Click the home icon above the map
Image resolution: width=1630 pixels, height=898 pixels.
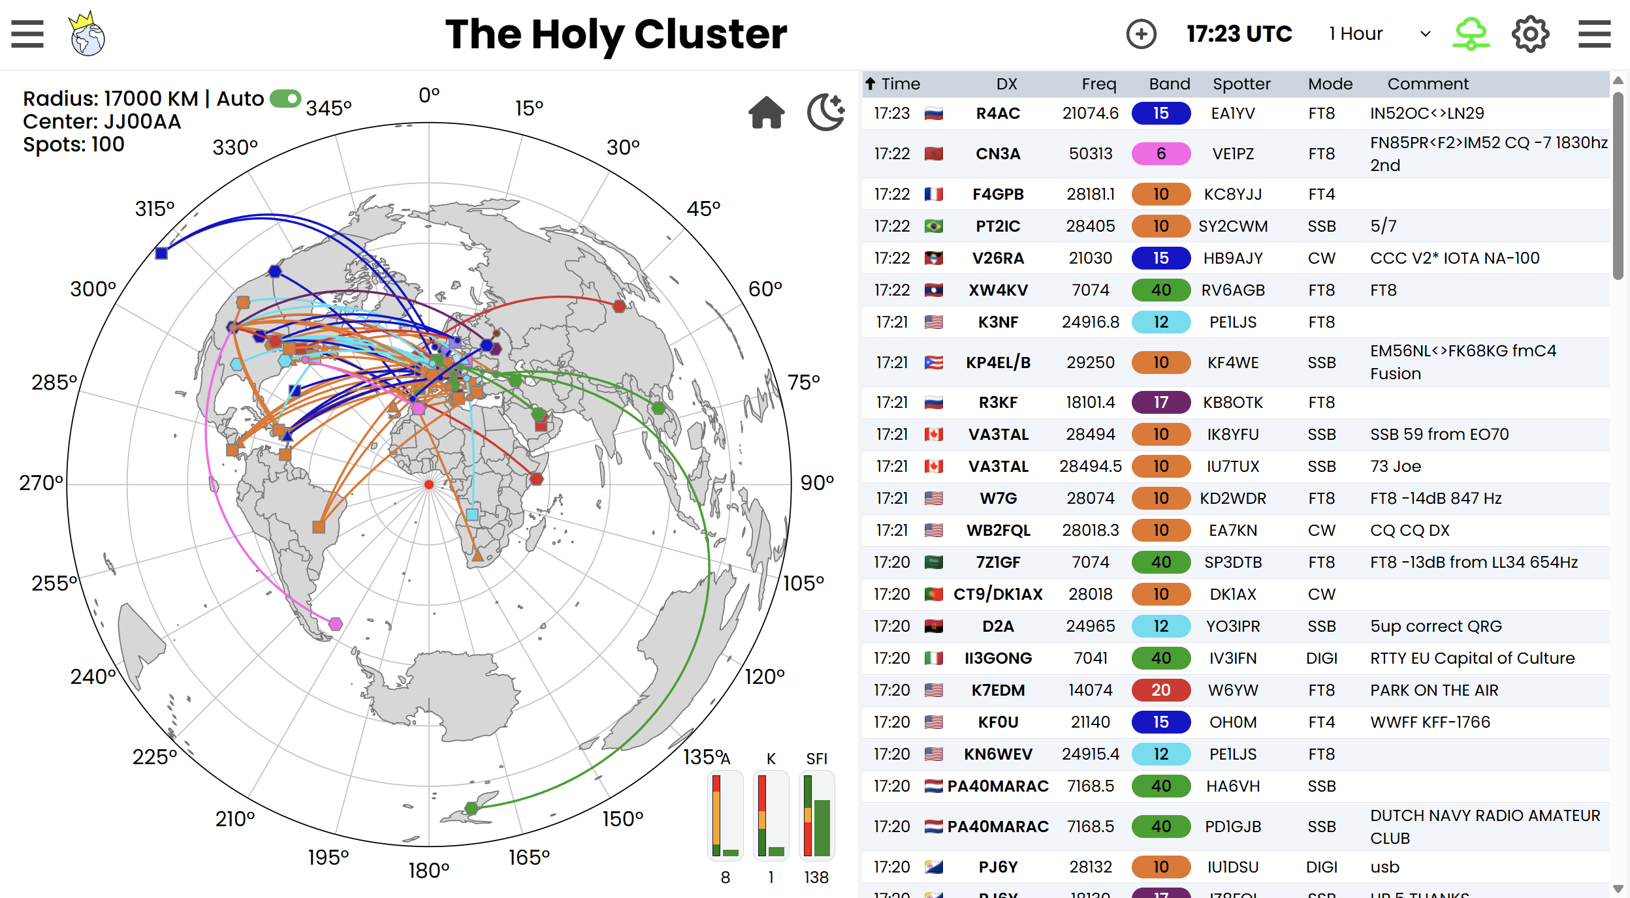coord(766,113)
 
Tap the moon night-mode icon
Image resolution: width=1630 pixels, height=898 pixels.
coord(825,112)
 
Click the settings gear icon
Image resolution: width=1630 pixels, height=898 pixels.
coord(1530,34)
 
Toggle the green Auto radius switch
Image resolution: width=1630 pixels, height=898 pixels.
coord(285,99)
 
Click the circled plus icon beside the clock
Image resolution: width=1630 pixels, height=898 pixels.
coord(1141,34)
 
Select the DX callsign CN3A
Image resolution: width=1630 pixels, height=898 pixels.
coord(997,154)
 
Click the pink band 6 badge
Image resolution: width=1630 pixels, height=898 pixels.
coord(1160,154)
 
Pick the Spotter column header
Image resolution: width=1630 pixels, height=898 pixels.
coord(1241,84)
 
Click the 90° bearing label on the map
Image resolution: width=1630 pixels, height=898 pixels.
coord(817,483)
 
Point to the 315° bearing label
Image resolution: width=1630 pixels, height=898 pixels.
coord(155,209)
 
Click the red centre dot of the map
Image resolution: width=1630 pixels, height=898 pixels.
coord(429,484)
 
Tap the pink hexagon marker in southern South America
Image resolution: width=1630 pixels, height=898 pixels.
coord(336,624)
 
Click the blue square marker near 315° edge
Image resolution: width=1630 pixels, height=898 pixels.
coord(161,253)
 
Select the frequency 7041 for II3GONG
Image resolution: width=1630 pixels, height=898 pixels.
coord(1090,658)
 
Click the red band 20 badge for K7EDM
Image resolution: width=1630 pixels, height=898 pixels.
coord(1160,690)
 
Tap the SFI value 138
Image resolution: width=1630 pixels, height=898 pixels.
coord(816,877)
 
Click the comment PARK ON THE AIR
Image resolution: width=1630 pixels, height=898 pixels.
coord(1434,690)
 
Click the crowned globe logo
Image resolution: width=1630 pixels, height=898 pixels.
coord(88,34)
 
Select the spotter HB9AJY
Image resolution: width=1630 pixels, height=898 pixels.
coord(1233,258)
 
